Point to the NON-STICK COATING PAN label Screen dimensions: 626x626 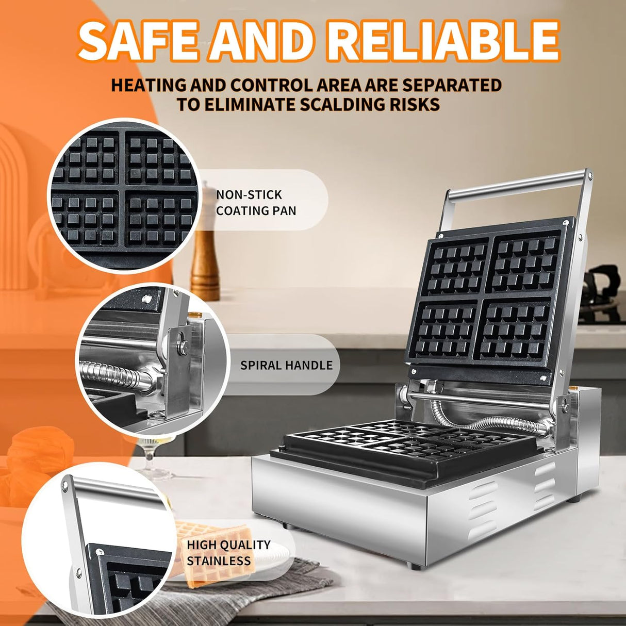click(256, 203)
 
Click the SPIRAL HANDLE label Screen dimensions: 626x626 click(286, 365)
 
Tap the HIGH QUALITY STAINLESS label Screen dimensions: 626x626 click(228, 552)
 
